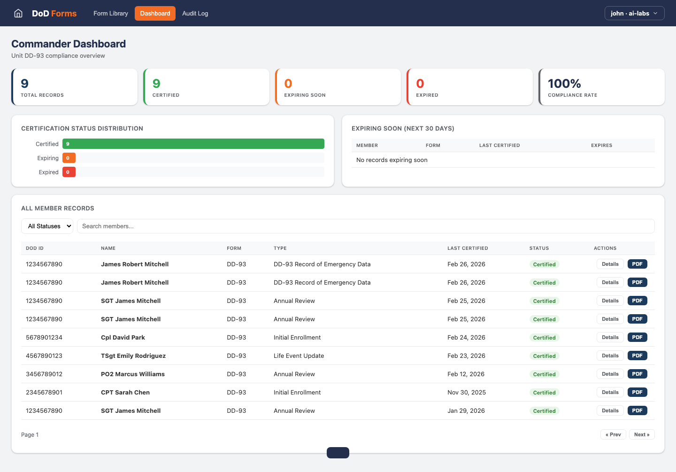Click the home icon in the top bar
[x=18, y=13]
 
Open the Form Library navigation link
[x=111, y=13]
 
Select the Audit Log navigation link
[x=195, y=13]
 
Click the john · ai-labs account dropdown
[x=634, y=13]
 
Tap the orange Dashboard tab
[x=155, y=13]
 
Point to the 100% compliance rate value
[x=564, y=84]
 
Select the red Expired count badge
[x=69, y=172]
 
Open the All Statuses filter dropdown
[x=47, y=226]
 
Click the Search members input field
[x=365, y=226]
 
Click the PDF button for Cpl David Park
[x=637, y=337]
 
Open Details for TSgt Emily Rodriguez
[x=610, y=356]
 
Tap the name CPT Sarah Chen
[x=125, y=392]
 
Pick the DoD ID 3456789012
[x=44, y=374]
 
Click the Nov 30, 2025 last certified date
[x=467, y=392]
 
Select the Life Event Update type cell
[x=299, y=356]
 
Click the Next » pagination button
[x=641, y=434]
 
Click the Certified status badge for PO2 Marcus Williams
[x=544, y=374]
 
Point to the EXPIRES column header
[x=601, y=145]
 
